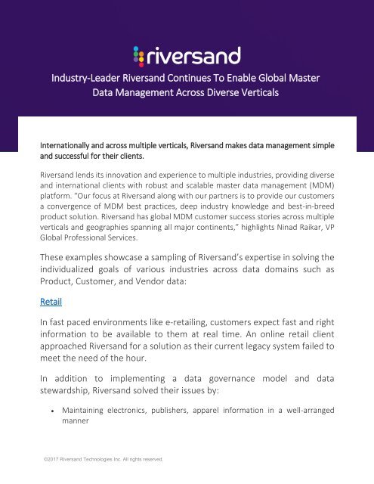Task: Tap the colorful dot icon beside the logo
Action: [138, 56]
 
